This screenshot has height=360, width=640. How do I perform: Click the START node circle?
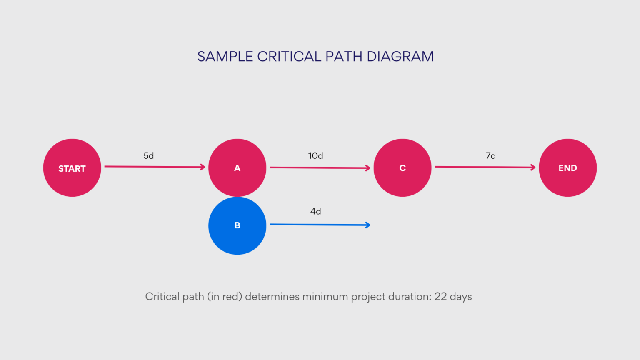[72, 168]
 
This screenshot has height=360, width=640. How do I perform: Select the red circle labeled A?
[237, 167]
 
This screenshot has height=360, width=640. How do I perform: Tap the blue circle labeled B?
[237, 225]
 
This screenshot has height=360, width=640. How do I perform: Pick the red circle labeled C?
[402, 167]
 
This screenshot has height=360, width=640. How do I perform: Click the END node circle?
[567, 167]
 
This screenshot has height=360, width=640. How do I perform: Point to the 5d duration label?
[149, 156]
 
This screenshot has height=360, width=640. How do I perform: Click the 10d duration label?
[315, 156]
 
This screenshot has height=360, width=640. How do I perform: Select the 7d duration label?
[491, 156]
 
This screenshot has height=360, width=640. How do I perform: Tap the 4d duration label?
[315, 212]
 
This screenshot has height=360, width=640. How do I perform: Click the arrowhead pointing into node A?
[203, 167]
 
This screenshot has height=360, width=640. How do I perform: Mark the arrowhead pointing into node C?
[368, 168]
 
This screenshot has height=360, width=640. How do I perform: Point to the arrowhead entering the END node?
[533, 167]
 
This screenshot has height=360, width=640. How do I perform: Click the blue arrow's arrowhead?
[368, 225]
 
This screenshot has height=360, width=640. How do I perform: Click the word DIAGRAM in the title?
[400, 57]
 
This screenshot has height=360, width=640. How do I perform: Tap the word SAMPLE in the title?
[225, 57]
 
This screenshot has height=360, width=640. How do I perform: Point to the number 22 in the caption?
[440, 297]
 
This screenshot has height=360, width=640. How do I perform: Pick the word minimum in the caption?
[325, 297]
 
